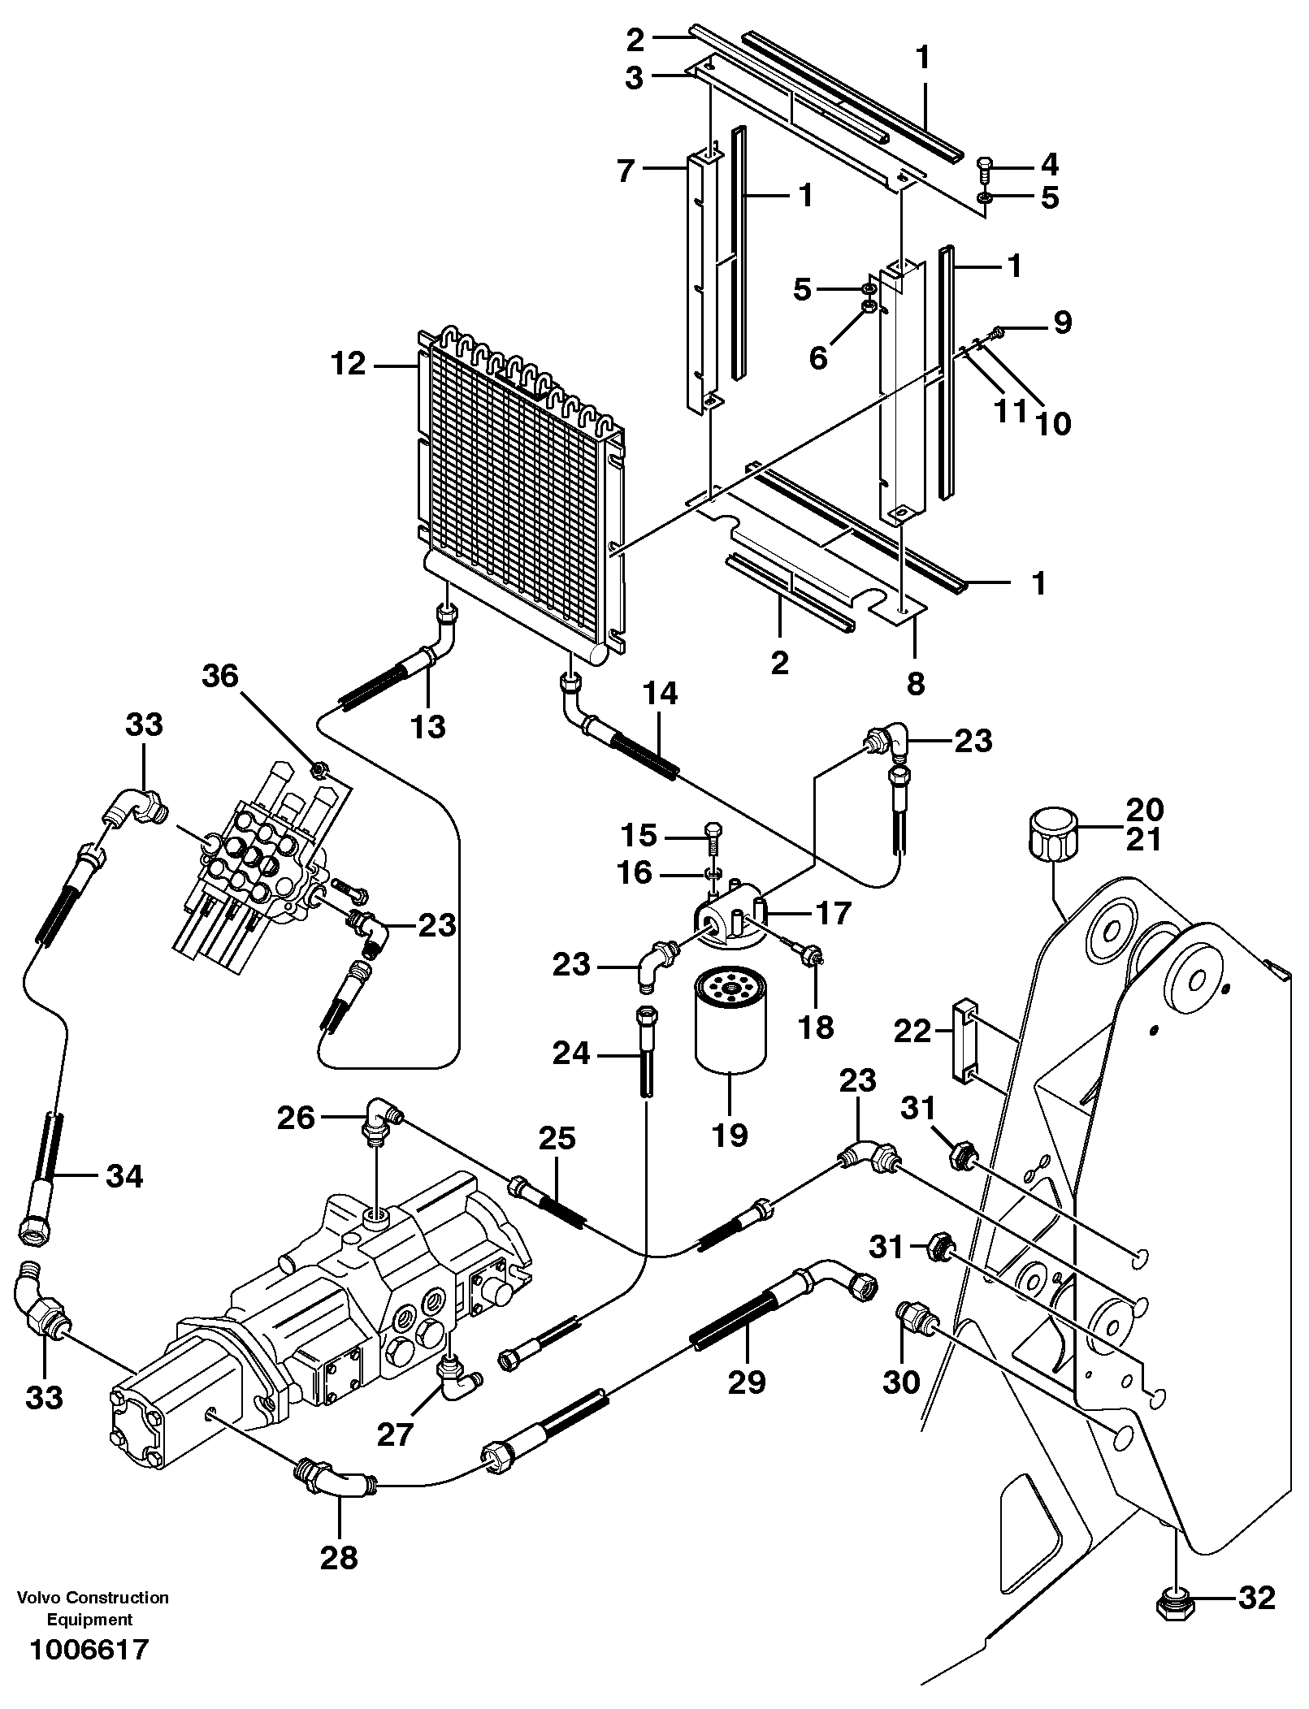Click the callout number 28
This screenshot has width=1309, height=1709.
click(339, 1558)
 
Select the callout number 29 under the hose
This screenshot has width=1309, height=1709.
click(746, 1381)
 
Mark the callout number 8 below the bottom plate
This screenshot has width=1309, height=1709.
click(916, 684)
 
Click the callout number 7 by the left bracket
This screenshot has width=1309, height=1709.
click(625, 171)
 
